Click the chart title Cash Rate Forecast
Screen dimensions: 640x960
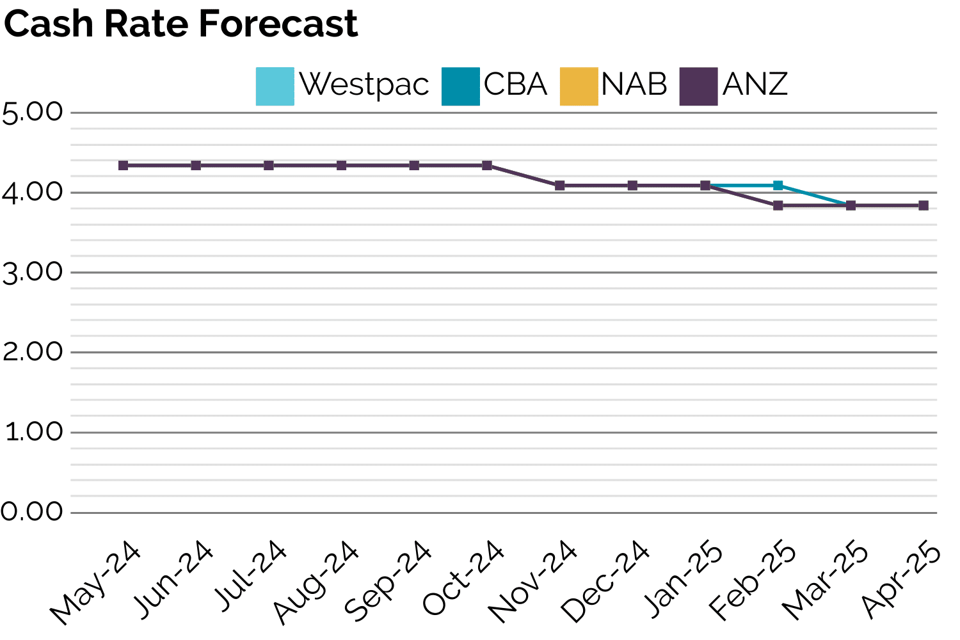180,24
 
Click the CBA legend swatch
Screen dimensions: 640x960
460,86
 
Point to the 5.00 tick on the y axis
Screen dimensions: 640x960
33,113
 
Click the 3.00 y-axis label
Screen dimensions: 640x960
33,273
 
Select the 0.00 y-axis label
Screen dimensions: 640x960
33,513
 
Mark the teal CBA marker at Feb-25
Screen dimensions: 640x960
778,186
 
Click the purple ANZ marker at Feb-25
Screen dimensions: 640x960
778,205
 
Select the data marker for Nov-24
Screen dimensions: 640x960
559,186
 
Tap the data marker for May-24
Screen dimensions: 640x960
124,165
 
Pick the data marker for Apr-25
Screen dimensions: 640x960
923,205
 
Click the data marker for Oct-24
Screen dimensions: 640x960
487,165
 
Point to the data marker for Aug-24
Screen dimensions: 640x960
342,165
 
